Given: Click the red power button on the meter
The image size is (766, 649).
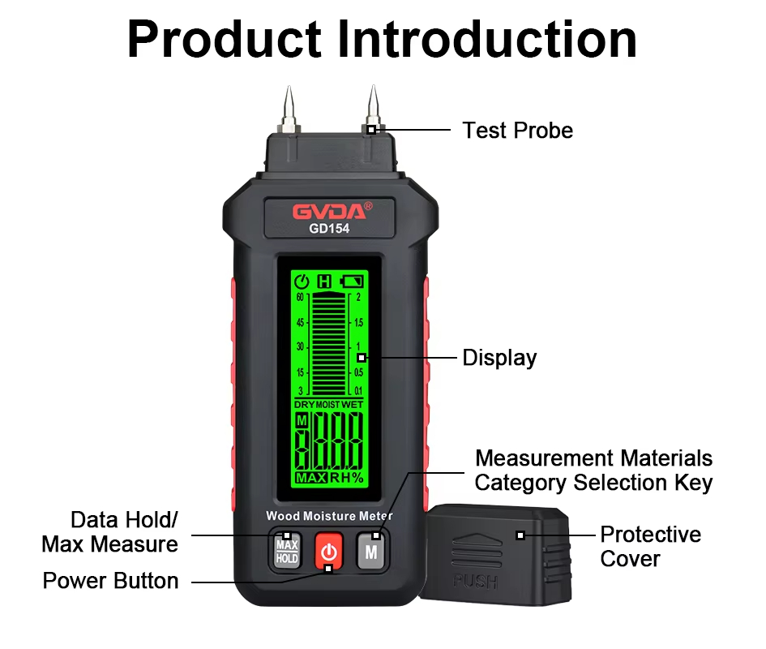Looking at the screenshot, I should point(328,551).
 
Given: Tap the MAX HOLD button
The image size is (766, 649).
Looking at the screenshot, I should point(287,552).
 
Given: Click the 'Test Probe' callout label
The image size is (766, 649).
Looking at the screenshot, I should point(517,131).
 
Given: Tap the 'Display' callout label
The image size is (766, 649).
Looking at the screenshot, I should point(499,358).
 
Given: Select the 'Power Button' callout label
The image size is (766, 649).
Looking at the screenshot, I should point(110,581).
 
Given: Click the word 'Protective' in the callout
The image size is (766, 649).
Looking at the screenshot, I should point(650,535).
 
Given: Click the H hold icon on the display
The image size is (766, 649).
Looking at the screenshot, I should point(324,282).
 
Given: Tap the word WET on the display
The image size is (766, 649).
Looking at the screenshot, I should point(353,404).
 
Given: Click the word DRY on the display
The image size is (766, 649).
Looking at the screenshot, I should point(304,404).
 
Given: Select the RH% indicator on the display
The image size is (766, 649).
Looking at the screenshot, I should point(347,478).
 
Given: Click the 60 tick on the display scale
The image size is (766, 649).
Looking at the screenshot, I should point(300,298).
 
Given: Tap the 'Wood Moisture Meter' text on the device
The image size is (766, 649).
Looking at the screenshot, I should point(329,516).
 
